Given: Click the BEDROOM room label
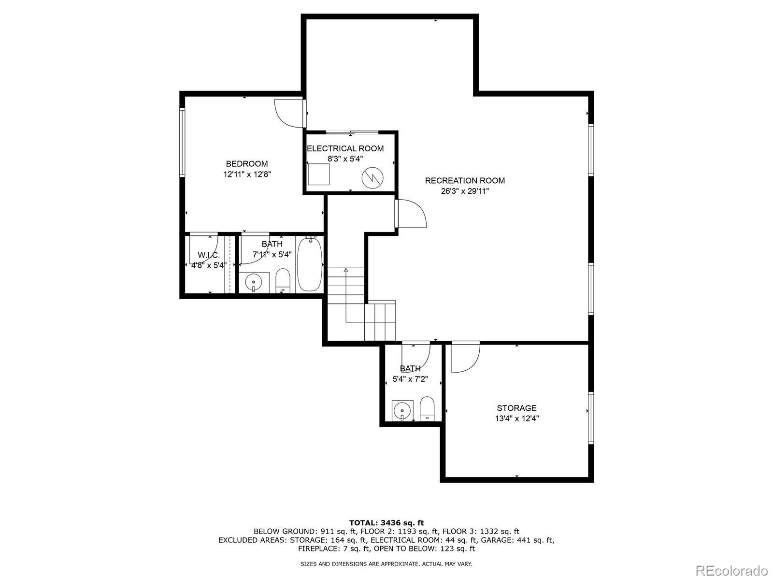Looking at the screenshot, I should coord(246,164).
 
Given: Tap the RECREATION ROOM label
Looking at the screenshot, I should coord(465,181).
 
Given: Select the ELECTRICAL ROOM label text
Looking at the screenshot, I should coord(345,148).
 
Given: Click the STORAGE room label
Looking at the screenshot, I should coord(516,408).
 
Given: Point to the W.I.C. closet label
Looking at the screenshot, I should coord(208,255).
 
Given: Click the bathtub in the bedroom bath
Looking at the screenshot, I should coord(310,264).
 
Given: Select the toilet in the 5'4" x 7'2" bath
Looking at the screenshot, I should coord(428,409).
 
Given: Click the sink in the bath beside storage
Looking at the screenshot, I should coord(402,411).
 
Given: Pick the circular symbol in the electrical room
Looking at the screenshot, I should coord(373,178).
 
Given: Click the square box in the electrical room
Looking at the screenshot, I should coord(319,174).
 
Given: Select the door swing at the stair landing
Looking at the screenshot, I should coord(412,214).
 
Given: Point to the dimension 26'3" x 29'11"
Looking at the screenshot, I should coord(465,191).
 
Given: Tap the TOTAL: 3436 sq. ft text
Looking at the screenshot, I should coord(386,522).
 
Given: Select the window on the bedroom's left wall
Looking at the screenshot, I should coord(182,142).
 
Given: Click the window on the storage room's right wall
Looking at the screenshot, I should coord(590,418).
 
